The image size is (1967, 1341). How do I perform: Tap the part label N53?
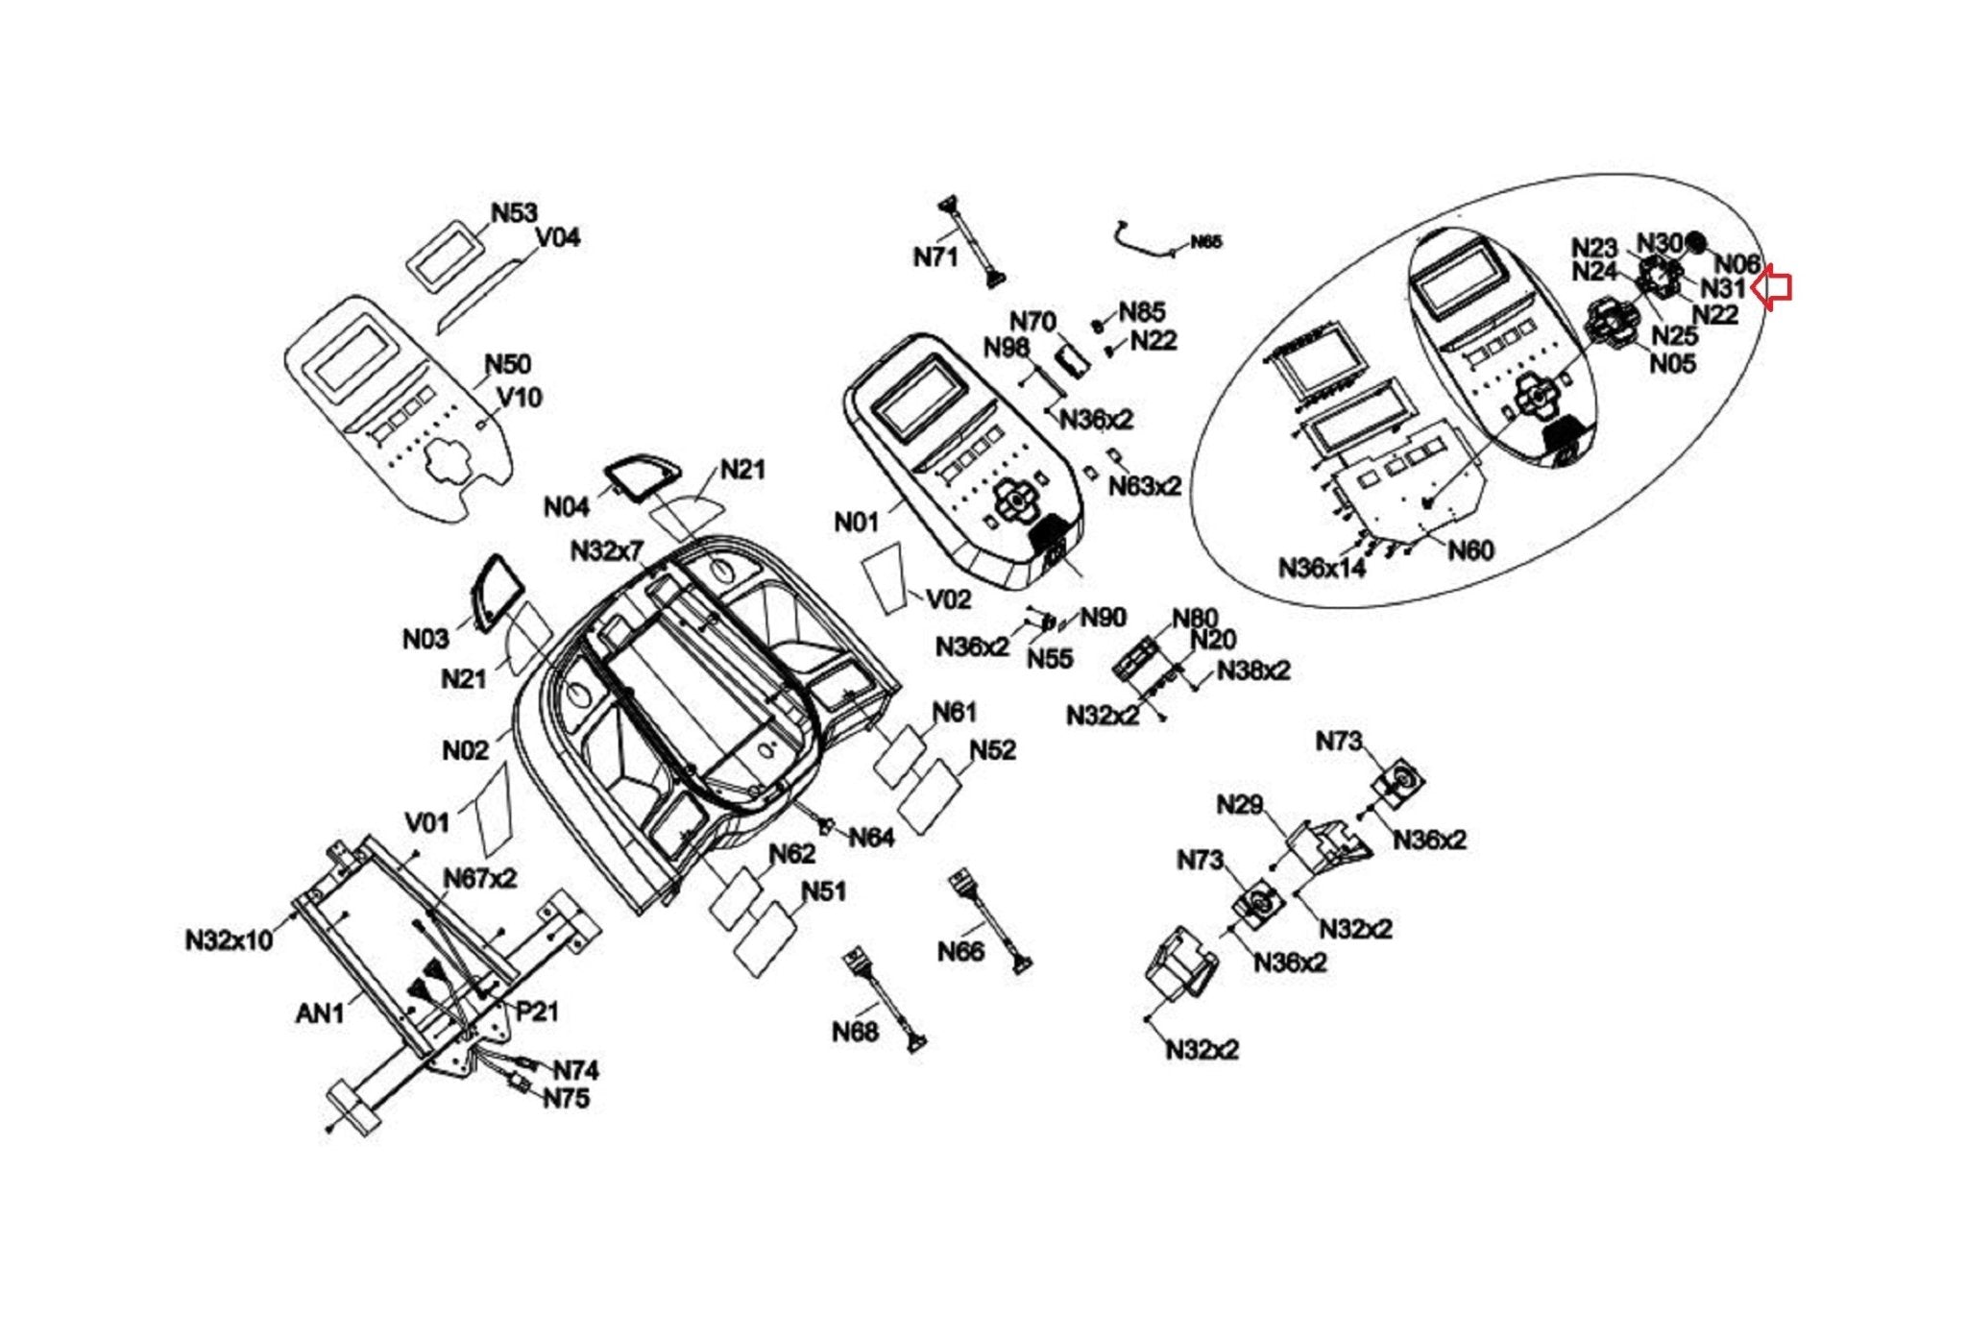click(x=514, y=213)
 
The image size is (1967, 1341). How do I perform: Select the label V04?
click(x=557, y=237)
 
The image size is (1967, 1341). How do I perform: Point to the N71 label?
click(x=935, y=256)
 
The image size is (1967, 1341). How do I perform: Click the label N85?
click(x=1142, y=312)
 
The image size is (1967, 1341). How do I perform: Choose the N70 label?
click(x=1032, y=321)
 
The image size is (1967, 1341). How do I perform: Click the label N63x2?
click(x=1145, y=486)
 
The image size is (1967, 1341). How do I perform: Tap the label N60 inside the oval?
click(x=1470, y=550)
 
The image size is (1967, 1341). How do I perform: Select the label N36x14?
click(x=1322, y=568)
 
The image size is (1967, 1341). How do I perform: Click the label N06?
click(x=1737, y=263)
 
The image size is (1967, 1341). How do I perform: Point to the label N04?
click(x=567, y=506)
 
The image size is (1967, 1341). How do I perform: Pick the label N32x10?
click(x=230, y=939)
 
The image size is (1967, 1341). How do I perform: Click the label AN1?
click(x=320, y=1012)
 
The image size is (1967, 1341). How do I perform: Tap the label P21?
click(x=537, y=1011)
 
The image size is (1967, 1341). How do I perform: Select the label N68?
click(x=855, y=1032)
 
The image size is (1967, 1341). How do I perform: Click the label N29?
click(x=1239, y=805)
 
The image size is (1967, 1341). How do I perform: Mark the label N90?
click(x=1103, y=618)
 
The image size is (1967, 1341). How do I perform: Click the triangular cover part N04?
click(x=642, y=476)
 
